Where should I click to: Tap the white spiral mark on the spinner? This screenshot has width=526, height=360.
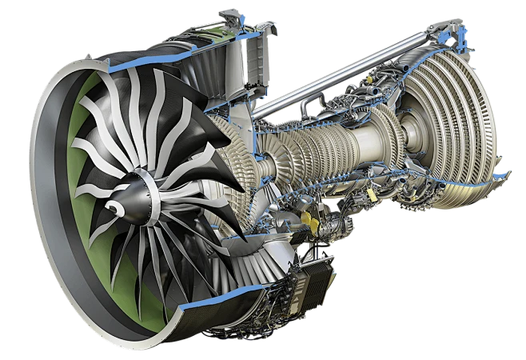[x=117, y=207]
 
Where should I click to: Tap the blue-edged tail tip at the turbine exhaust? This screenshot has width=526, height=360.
[x=502, y=170]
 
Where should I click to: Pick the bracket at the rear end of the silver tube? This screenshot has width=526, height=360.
[x=436, y=32]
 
